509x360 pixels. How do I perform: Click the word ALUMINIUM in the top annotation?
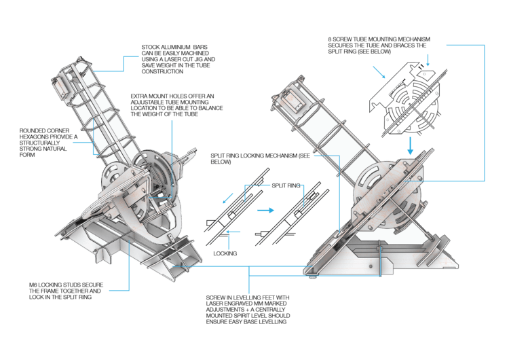coord(174,47)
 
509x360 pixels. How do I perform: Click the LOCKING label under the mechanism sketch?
coord(225,253)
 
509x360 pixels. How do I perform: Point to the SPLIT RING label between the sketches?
coord(286,185)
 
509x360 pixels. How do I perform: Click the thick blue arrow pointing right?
coord(265,210)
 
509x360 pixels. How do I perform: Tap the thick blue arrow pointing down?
coord(411,145)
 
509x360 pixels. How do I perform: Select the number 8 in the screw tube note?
coord(330,39)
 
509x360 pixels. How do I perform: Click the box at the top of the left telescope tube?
coord(62,87)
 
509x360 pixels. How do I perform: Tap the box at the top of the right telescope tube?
coord(292,99)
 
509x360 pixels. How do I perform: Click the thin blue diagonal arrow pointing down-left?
coord(228,198)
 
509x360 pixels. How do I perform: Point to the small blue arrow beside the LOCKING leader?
coord(233,232)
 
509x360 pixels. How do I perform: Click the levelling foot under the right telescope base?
coord(313,276)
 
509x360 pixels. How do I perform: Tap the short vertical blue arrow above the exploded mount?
coord(428,60)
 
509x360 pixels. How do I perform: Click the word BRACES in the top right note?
coord(400,46)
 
